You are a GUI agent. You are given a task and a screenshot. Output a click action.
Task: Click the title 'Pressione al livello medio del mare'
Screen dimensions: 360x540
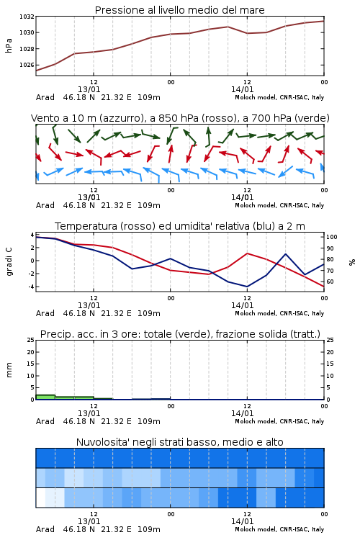click(179, 10)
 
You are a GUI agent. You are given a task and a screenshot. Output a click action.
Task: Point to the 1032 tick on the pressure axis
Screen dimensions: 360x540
click(27, 16)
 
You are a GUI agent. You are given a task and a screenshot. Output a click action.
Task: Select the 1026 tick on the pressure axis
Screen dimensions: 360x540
click(27, 65)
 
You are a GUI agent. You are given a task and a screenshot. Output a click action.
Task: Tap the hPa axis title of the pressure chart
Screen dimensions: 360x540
click(9, 45)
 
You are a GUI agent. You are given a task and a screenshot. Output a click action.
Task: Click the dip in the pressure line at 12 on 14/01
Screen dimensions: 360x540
click(247, 33)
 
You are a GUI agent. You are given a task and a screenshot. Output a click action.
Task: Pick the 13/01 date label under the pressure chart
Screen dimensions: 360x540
click(89, 89)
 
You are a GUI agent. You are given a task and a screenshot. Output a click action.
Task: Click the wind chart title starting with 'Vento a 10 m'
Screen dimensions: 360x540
click(180, 118)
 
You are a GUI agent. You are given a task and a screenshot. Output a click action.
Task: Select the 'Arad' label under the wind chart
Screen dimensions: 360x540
click(45, 205)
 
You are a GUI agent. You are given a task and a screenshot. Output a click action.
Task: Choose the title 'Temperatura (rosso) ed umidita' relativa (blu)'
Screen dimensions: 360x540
click(180, 226)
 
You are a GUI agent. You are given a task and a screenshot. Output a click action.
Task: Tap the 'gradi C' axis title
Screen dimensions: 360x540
click(9, 261)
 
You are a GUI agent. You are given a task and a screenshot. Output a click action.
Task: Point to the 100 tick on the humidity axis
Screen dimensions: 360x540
click(332, 237)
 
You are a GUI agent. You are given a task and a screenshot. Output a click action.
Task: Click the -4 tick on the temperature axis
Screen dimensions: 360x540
click(31, 287)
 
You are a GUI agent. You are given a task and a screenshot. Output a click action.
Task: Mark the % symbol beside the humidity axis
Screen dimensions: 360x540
click(352, 262)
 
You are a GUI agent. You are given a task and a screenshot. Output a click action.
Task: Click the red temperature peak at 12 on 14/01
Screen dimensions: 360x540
click(247, 253)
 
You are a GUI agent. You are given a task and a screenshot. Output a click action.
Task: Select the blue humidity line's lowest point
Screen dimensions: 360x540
click(247, 287)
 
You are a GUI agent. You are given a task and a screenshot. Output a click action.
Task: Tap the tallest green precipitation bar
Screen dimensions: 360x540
click(45, 397)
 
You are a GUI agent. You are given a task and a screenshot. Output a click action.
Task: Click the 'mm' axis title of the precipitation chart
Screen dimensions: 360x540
click(9, 370)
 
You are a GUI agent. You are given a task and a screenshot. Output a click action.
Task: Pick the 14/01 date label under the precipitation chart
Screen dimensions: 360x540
click(242, 413)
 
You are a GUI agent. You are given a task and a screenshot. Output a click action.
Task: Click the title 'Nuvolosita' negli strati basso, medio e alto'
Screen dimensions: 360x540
click(179, 442)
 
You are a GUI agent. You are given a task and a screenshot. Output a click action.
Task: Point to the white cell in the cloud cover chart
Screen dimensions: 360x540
click(40, 498)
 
